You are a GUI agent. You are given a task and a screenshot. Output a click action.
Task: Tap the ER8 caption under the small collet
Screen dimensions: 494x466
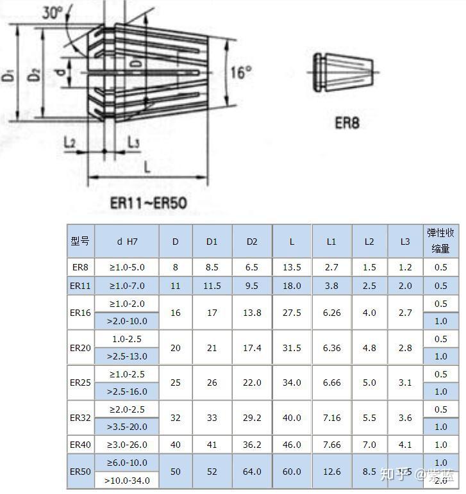pos(347,122)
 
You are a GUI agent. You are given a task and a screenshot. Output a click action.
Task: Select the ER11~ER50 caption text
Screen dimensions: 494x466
pos(148,203)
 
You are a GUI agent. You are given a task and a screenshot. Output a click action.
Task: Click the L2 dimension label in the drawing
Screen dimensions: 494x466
pos(70,142)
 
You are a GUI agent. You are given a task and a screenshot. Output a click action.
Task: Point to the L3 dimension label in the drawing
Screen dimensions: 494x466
pos(133,142)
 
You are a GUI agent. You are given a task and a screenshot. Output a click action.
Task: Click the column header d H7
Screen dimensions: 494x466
pos(127,242)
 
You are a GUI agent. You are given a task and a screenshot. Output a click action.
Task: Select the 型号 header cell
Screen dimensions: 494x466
pos(80,242)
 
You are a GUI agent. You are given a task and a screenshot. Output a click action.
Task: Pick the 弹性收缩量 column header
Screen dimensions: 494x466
pos(440,241)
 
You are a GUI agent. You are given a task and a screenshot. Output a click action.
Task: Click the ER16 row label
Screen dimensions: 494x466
pos(80,313)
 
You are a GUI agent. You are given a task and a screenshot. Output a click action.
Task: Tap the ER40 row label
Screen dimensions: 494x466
pos(80,445)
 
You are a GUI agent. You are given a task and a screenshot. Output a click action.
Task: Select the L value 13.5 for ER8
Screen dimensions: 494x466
pos(292,267)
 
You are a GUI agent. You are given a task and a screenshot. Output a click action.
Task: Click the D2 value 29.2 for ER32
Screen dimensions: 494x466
pos(252,418)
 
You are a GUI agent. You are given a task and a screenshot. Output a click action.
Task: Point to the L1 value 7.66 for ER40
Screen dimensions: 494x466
pos(332,445)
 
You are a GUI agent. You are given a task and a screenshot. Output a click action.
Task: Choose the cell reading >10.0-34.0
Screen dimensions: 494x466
pos(127,480)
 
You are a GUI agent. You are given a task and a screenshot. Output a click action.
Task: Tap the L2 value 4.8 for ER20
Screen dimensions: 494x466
pos(369,348)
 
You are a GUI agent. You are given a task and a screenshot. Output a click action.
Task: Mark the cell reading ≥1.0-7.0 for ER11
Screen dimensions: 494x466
pos(127,286)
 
